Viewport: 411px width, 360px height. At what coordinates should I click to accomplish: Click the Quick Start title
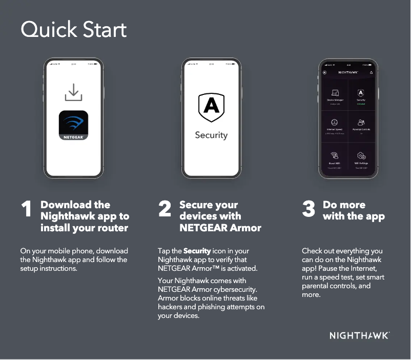pyautogui.click(x=73, y=30)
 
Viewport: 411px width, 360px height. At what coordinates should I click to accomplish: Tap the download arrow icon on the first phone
pyautogui.click(x=73, y=93)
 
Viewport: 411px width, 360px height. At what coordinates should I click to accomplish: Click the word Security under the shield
pyautogui.click(x=211, y=135)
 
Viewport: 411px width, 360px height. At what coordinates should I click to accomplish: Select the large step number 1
pyautogui.click(x=27, y=210)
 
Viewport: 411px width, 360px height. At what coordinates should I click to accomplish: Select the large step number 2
pyautogui.click(x=165, y=210)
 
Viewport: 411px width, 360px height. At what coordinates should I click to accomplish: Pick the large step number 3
pyautogui.click(x=309, y=210)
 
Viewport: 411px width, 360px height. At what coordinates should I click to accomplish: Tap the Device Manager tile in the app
pyautogui.click(x=335, y=95)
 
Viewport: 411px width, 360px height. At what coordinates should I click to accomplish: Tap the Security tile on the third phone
pyautogui.click(x=361, y=95)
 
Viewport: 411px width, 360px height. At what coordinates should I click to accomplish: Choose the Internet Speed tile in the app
pyautogui.click(x=335, y=125)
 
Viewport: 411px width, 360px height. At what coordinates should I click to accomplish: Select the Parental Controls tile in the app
pyautogui.click(x=361, y=125)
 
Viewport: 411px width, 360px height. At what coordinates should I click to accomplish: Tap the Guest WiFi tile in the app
pyautogui.click(x=335, y=158)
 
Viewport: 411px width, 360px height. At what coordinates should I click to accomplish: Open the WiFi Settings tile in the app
pyautogui.click(x=361, y=158)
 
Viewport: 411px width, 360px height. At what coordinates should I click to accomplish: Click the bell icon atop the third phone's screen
pyautogui.click(x=371, y=72)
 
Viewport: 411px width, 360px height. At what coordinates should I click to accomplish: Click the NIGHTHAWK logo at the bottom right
pyautogui.click(x=359, y=336)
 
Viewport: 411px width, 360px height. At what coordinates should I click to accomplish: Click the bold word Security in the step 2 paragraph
pyautogui.click(x=197, y=251)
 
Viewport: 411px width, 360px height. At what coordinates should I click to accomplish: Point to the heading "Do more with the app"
pyautogui.click(x=353, y=210)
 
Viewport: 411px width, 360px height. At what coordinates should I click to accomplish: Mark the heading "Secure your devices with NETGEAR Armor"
pyautogui.click(x=220, y=216)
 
